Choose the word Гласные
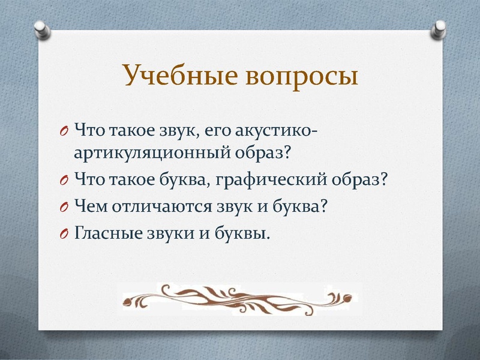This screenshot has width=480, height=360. click(107, 232)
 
